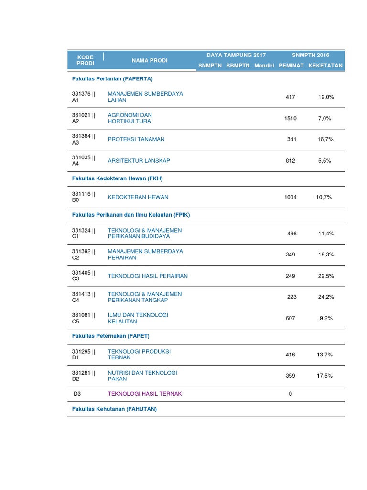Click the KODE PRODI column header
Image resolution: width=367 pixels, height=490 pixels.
86,60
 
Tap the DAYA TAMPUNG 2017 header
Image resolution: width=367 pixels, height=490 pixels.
236,55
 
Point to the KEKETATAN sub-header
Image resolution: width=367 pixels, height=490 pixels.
325,66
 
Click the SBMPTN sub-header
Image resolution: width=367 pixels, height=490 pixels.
238,66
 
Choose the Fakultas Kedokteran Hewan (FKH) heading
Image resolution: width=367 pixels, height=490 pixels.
117,178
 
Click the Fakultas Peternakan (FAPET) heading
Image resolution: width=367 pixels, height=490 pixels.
111,336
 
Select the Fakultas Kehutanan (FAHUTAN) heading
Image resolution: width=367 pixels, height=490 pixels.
115,409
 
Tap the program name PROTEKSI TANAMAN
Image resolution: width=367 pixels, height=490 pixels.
136,139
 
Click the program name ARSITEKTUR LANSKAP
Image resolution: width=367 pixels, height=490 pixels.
139,161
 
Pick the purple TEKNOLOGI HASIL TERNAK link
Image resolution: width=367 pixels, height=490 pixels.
145,394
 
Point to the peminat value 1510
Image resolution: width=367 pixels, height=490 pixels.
291,118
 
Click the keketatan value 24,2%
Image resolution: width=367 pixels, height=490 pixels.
326,297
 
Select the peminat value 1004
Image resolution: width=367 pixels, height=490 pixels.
291,197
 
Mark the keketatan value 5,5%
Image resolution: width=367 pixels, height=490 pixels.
324,161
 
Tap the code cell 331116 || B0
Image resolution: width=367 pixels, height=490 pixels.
84,197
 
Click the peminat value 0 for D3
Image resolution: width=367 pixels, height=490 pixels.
291,394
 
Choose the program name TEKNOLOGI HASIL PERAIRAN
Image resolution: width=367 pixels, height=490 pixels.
148,276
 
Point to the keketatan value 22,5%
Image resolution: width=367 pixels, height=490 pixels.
326,276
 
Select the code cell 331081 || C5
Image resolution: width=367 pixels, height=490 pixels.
84,318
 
